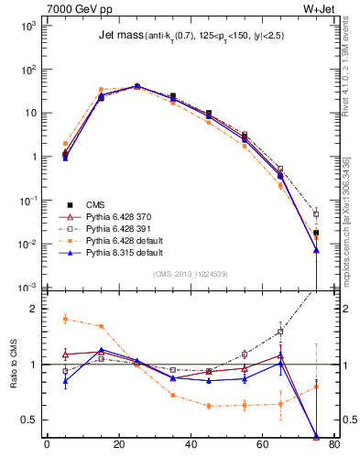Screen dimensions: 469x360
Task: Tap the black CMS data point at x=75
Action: click(x=316, y=233)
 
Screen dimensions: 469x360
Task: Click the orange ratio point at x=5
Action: click(x=65, y=319)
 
